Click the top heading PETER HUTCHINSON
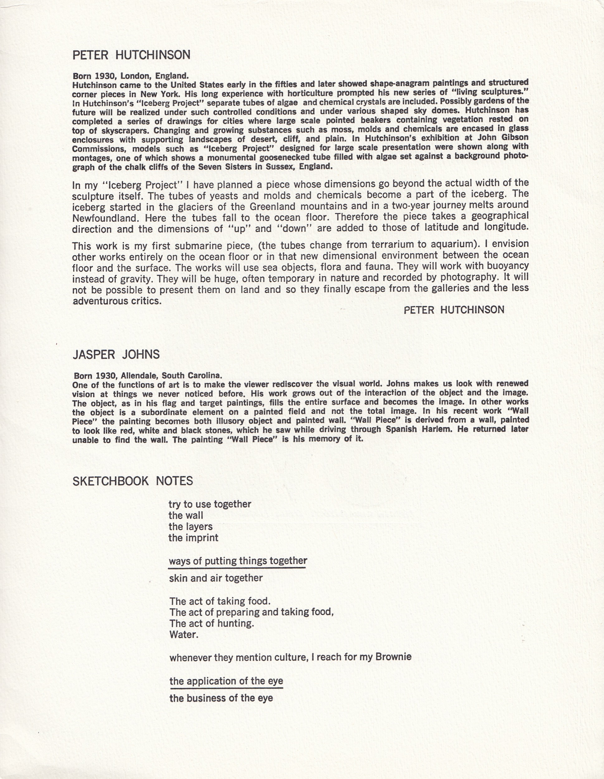[131, 55]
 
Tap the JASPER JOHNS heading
[116, 355]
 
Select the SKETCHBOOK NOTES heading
[133, 481]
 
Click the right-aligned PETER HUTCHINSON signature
[454, 310]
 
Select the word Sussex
[280, 167]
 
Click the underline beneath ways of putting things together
[237, 567]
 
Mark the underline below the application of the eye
[226, 687]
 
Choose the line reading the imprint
[193, 538]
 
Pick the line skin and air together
[216, 578]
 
